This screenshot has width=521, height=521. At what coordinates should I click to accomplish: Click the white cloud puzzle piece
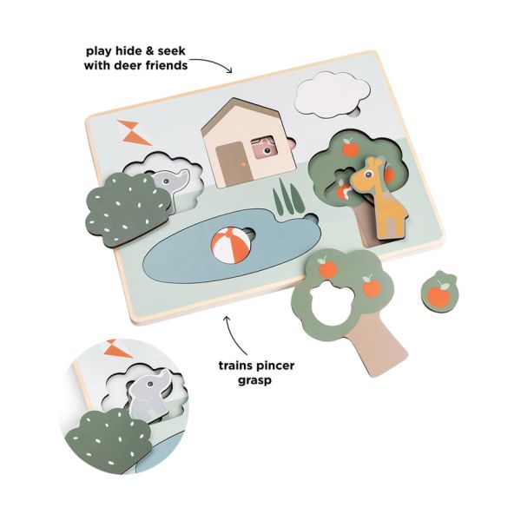(333, 95)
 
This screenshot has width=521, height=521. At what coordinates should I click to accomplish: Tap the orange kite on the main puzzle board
(134, 133)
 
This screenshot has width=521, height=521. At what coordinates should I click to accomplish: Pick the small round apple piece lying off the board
(439, 289)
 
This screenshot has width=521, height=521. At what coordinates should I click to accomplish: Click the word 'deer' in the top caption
(129, 65)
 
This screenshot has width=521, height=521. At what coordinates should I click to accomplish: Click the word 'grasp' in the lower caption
(254, 380)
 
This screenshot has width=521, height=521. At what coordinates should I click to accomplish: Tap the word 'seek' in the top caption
(172, 51)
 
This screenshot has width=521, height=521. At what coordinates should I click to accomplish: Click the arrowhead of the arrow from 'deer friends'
(228, 70)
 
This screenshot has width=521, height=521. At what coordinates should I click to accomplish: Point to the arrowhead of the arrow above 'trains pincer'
(228, 319)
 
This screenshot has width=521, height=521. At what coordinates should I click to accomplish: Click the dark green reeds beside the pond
(288, 197)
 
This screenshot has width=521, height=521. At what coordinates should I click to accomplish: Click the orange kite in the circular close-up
(119, 348)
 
